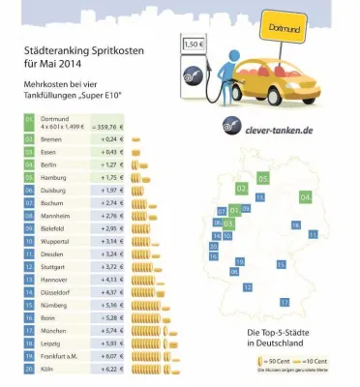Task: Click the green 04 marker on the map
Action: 307,197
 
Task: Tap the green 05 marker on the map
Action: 263,180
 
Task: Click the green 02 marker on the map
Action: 240,188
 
